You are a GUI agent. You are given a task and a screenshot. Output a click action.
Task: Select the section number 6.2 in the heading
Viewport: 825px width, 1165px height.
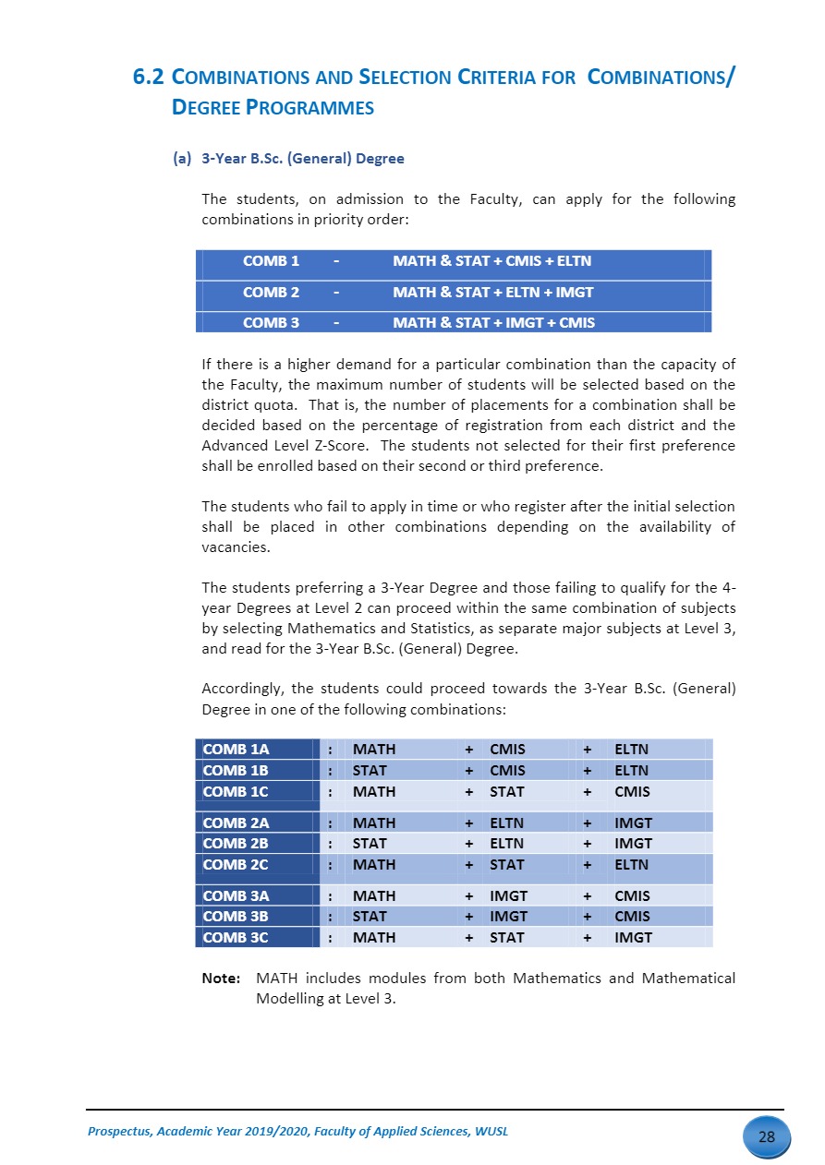tap(149, 78)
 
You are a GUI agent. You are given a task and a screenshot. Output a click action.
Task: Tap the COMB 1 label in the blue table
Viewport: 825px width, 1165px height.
tap(271, 261)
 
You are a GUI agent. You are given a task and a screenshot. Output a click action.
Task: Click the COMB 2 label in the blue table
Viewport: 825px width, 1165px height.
tap(271, 292)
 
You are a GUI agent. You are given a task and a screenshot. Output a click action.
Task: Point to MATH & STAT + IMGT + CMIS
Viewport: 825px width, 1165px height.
tap(493, 322)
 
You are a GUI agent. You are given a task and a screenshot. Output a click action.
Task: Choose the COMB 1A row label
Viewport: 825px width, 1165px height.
tap(236, 750)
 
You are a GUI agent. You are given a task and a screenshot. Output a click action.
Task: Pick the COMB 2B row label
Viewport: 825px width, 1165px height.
tap(235, 843)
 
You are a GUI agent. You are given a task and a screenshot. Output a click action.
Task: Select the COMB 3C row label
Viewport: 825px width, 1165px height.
tap(235, 937)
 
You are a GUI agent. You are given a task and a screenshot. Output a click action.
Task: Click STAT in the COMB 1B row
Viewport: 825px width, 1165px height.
tap(370, 770)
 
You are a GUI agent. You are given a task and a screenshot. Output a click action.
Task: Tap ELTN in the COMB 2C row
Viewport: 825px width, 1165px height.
tap(631, 865)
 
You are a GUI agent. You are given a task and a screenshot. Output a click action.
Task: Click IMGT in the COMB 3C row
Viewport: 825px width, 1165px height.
tap(633, 937)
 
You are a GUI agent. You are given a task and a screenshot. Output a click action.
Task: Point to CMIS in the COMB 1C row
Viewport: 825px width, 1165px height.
tap(632, 791)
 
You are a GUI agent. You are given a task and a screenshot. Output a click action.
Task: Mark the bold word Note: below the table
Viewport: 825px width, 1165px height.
tap(221, 978)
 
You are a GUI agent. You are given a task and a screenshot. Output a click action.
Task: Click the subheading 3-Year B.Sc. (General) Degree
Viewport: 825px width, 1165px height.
tap(302, 158)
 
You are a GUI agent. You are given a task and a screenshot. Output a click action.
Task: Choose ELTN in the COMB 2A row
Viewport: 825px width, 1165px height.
tap(506, 823)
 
